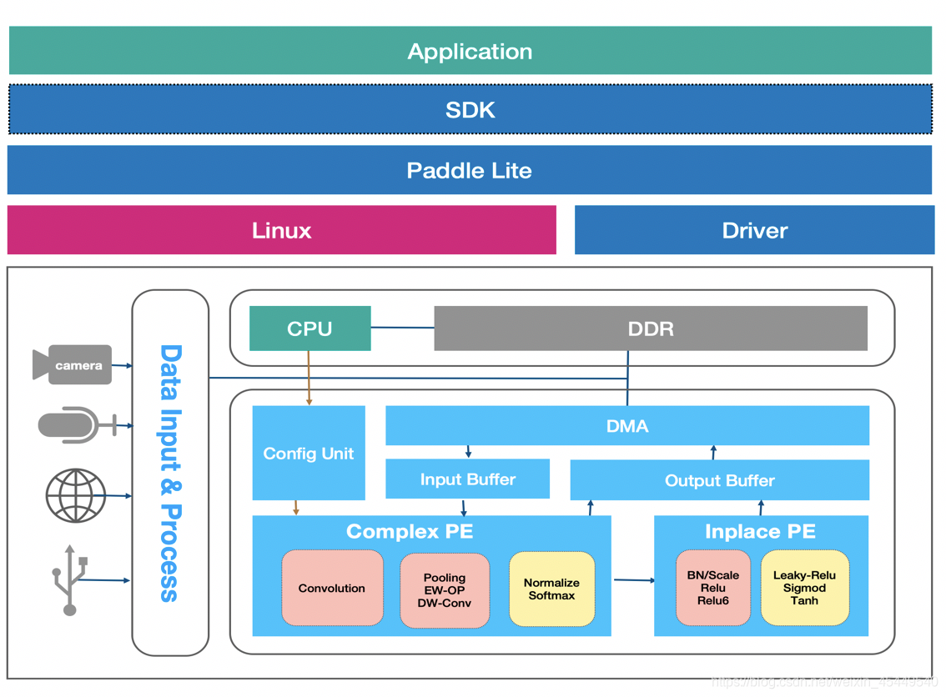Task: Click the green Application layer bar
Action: click(470, 51)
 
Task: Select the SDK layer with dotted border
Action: click(470, 109)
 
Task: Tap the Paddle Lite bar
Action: click(469, 170)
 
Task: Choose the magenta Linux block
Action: click(281, 230)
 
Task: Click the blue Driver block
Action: click(754, 230)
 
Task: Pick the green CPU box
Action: click(309, 328)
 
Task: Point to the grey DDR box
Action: click(650, 328)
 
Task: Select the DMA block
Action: click(626, 426)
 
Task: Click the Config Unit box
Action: click(309, 453)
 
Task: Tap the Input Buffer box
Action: click(467, 479)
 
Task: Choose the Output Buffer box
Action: click(719, 480)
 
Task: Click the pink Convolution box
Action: click(332, 588)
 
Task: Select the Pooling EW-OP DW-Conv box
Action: click(444, 589)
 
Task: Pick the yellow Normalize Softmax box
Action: click(551, 589)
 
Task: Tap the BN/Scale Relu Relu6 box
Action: click(712, 587)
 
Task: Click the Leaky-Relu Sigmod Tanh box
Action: click(804, 587)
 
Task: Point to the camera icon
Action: click(73, 365)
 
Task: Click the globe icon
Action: click(76, 495)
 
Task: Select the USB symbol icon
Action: click(70, 580)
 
